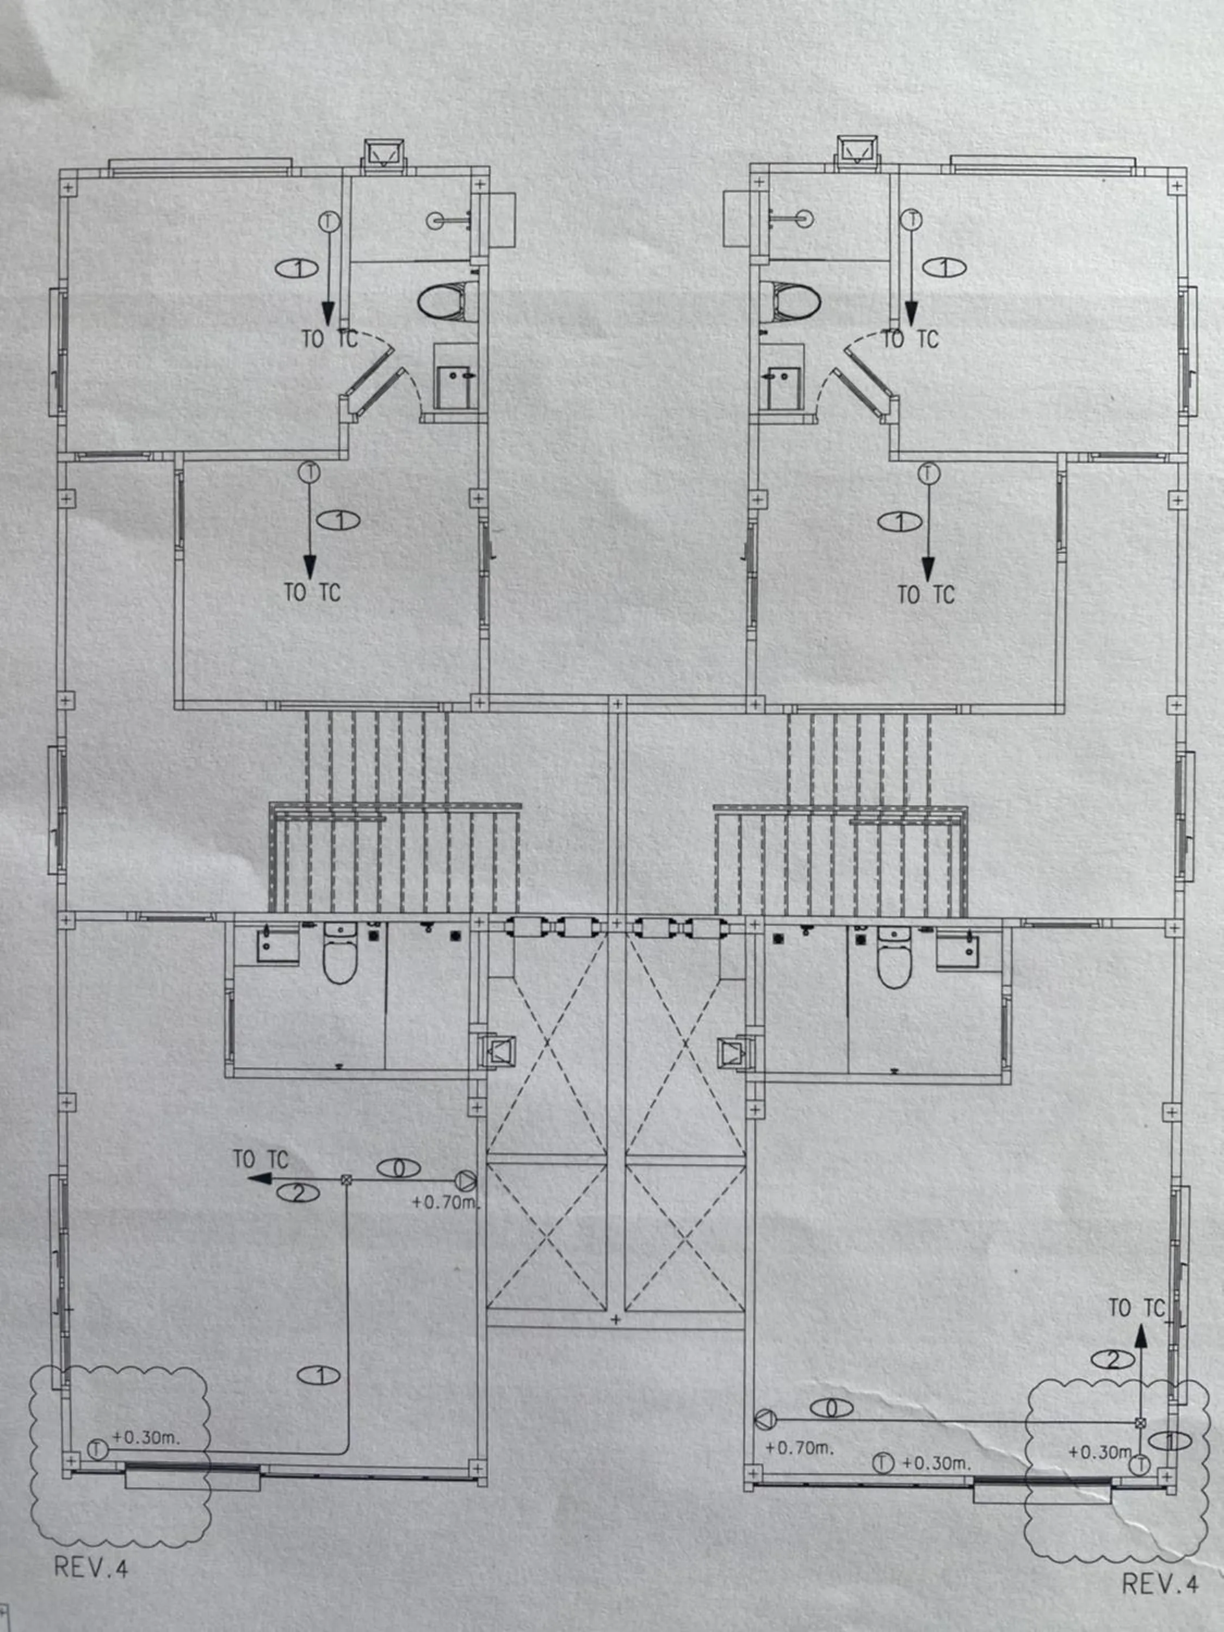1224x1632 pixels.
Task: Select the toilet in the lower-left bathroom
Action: coord(340,960)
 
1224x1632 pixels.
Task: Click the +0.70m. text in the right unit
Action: coord(800,1448)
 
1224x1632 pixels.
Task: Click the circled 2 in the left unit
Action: coord(298,1193)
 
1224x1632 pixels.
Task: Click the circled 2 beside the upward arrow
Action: coord(1112,1359)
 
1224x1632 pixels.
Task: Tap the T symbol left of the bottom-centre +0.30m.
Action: coord(883,1462)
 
